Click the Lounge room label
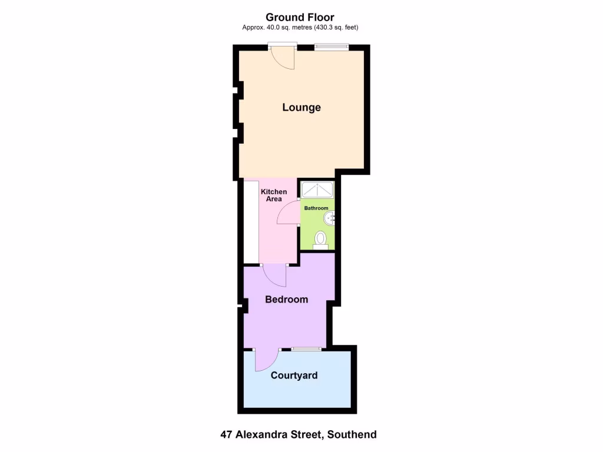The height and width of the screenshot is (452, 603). click(x=301, y=107)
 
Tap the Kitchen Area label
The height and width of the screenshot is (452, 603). click(x=274, y=195)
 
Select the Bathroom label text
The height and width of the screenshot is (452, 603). click(x=316, y=208)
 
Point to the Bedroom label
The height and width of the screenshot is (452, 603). click(x=286, y=300)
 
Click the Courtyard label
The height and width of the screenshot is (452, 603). click(x=294, y=375)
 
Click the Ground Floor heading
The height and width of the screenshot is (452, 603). click(x=300, y=17)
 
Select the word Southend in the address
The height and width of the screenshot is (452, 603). click(x=352, y=435)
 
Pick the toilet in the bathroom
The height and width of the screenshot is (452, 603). click(x=320, y=240)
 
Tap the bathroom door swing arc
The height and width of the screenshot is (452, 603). click(x=288, y=213)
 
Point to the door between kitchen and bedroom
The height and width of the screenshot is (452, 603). click(x=274, y=275)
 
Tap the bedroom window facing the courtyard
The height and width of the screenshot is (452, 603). click(x=306, y=349)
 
